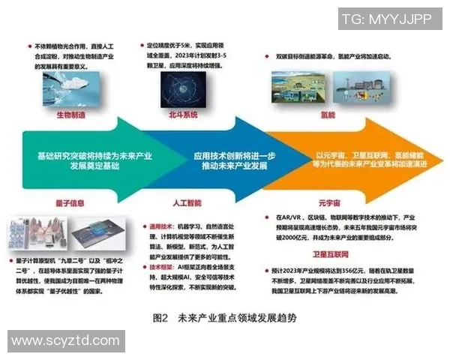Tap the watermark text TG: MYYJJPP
click(385, 18)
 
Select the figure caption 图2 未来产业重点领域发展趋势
click(224, 317)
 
